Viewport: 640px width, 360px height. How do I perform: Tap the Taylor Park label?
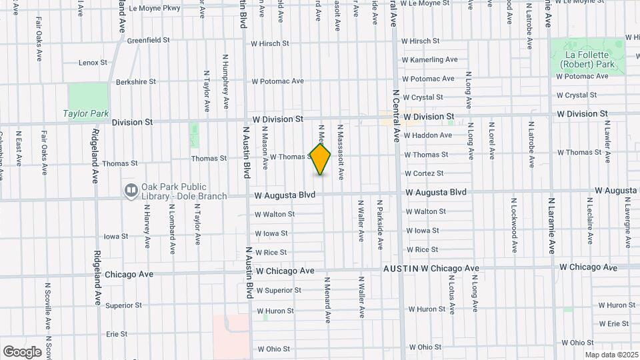pos(86,113)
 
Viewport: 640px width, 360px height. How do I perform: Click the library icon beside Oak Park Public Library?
pos(131,191)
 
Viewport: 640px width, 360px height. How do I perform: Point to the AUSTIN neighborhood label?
pos(401,268)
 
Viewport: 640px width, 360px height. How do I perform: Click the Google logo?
pos(23,351)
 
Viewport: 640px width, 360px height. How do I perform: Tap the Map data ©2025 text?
pos(611,355)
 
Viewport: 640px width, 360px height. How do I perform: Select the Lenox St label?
pos(93,63)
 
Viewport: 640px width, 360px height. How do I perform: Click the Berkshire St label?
pos(135,81)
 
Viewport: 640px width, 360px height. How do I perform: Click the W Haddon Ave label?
pos(428,135)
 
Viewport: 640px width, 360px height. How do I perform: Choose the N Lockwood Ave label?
pos(514,225)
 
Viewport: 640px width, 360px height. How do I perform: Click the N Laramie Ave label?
pos(551,225)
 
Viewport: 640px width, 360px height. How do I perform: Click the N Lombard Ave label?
pos(171,228)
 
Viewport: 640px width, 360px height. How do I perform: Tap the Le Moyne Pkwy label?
pos(154,8)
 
